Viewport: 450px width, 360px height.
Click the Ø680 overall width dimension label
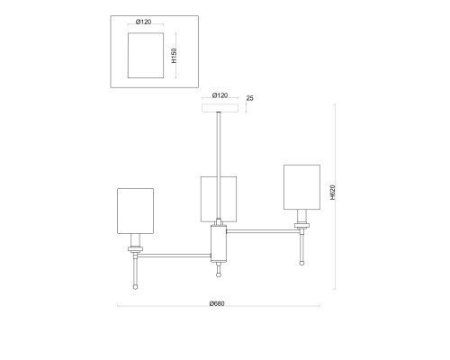[x=217, y=303]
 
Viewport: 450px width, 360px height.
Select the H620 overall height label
[x=332, y=192]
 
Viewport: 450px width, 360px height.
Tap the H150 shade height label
[x=174, y=56]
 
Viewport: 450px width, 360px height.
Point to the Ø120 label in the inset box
[x=143, y=22]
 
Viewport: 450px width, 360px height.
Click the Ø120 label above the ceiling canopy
[x=220, y=95]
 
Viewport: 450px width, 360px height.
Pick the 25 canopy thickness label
[x=249, y=98]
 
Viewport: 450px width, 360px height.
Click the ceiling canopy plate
[x=220, y=108]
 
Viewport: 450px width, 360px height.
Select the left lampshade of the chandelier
[x=135, y=211]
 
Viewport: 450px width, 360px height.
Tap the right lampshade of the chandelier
[x=301, y=187]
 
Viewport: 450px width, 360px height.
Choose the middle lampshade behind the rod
[x=210, y=199]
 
